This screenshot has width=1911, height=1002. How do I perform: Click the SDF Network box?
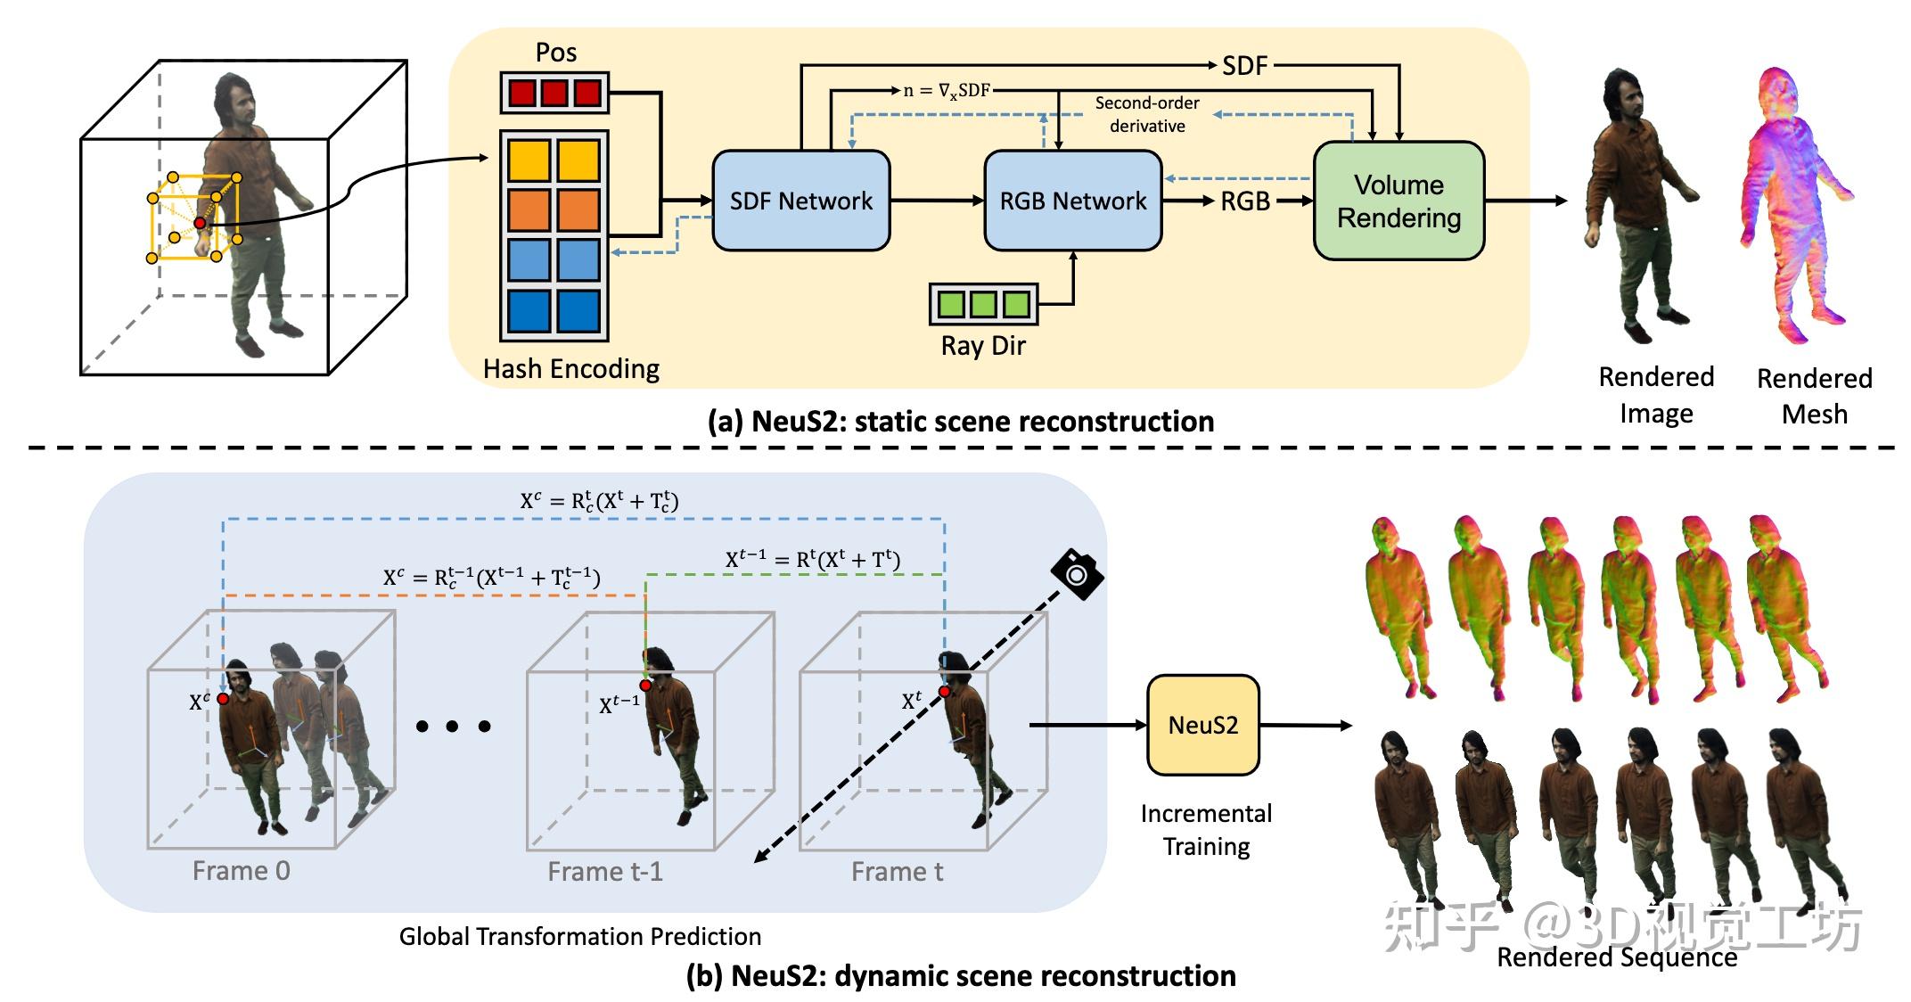[800, 201]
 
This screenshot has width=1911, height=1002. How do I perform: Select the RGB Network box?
[1072, 201]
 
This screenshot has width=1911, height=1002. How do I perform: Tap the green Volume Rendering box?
[1398, 201]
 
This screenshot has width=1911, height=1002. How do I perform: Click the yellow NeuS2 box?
[1202, 725]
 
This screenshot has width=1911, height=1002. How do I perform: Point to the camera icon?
[1078, 574]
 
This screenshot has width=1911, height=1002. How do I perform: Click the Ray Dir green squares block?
[983, 304]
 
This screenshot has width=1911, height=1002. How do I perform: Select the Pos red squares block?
[554, 93]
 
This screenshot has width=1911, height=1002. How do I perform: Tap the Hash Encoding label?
[570, 369]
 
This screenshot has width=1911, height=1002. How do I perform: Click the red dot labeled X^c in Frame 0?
[223, 699]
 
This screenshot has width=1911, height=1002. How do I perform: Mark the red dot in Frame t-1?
[645, 686]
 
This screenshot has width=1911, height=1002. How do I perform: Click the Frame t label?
[897, 872]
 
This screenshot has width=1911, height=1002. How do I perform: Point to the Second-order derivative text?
[1147, 114]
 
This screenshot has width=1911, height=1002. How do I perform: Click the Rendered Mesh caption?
[1814, 396]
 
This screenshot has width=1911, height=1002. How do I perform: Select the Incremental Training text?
[1206, 829]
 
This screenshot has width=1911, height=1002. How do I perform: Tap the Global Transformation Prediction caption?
[579, 936]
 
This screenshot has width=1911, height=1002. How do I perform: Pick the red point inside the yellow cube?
[201, 223]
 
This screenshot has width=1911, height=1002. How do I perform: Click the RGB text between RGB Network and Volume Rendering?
[1244, 201]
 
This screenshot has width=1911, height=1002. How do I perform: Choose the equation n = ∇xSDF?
[947, 91]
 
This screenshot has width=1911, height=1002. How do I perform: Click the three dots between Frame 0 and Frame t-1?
[453, 727]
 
